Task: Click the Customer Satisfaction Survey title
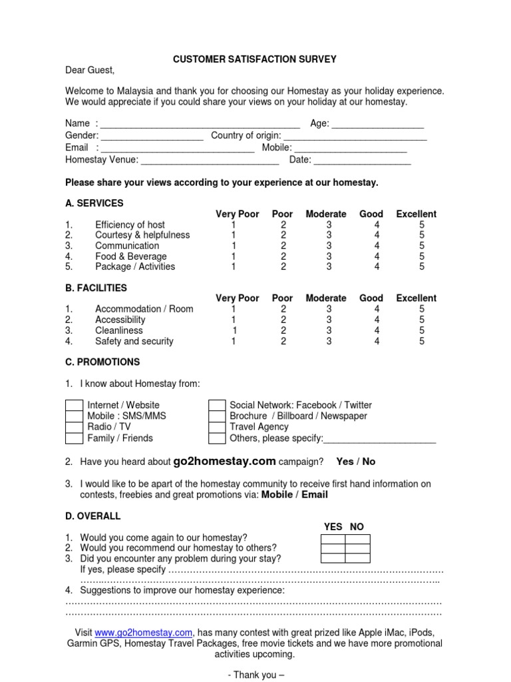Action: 255,59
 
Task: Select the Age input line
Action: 377,125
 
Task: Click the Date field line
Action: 362,161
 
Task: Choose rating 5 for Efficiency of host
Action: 421,225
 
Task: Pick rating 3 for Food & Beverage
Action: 329,256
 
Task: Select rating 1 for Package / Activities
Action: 233,267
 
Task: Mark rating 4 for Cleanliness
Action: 377,330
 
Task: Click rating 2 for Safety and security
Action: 283,342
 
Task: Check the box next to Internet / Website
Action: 75,406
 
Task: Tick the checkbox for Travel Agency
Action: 217,428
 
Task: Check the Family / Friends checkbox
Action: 75,438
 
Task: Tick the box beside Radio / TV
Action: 75,428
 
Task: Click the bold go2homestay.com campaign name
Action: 224,461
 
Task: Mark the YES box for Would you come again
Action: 333,538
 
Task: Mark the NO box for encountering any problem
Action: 357,559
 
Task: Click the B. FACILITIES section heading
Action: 96,288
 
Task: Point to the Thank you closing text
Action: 255,675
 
